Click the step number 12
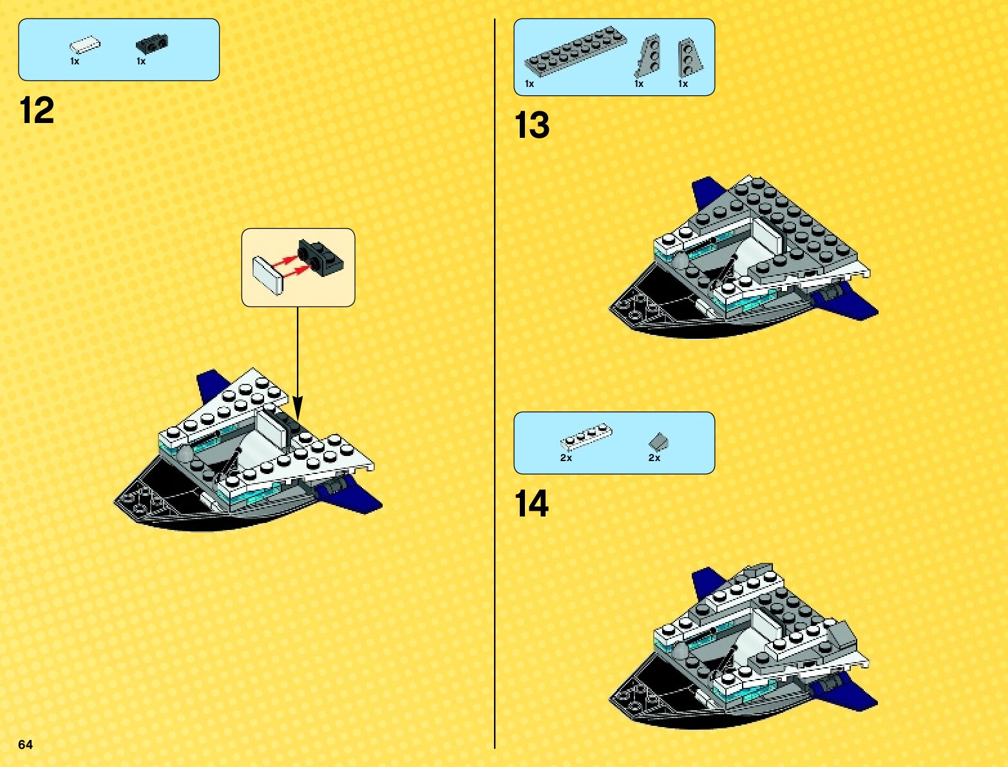point(37,111)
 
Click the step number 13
point(532,126)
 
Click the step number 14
point(532,504)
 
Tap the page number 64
point(25,744)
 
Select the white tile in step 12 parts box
point(85,45)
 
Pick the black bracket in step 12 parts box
point(151,44)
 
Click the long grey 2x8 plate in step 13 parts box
point(575,49)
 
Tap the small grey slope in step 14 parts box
point(658,441)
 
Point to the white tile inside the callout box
point(269,275)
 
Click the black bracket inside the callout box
point(321,257)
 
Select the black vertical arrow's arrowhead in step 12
point(298,408)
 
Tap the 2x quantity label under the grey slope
point(654,458)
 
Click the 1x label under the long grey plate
point(529,84)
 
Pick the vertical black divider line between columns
point(495,386)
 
